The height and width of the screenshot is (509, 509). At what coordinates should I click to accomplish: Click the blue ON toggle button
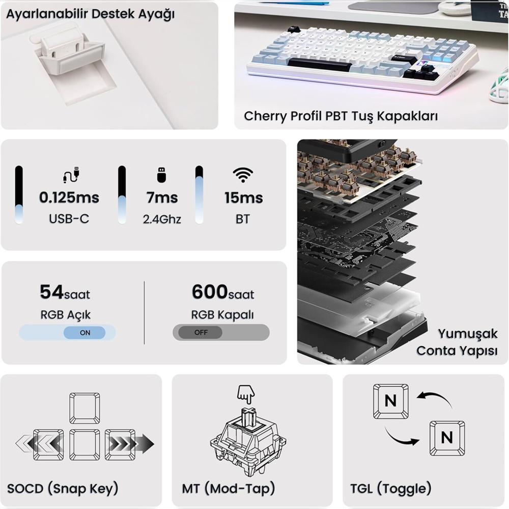84,332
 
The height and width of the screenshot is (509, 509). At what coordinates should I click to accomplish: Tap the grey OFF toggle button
200,332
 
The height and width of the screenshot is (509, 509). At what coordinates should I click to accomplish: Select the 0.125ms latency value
69,197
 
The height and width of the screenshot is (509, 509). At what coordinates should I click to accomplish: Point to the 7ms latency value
162,197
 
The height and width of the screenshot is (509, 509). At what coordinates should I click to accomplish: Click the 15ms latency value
244,197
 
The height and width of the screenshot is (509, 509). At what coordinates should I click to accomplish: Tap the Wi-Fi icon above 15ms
243,175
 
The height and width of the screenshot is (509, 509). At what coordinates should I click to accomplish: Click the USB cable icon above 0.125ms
71,175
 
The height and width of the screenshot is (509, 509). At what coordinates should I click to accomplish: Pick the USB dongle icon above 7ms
161,175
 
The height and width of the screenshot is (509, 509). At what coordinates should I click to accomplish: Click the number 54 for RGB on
51,292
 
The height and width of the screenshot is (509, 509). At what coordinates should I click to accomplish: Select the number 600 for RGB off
210,292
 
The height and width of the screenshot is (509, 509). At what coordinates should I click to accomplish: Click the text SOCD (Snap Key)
63,488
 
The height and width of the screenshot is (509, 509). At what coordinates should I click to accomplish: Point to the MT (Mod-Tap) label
229,488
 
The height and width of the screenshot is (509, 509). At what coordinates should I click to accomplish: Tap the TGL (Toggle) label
391,488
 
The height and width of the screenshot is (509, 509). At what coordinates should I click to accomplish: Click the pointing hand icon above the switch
246,394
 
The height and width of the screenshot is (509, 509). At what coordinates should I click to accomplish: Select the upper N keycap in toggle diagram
391,401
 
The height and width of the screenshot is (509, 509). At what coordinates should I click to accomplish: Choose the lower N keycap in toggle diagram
447,438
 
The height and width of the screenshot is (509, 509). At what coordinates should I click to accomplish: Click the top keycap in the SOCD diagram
84,408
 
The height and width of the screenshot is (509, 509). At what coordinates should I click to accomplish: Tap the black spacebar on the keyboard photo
320,65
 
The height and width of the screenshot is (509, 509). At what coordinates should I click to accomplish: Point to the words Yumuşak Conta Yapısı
457,343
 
